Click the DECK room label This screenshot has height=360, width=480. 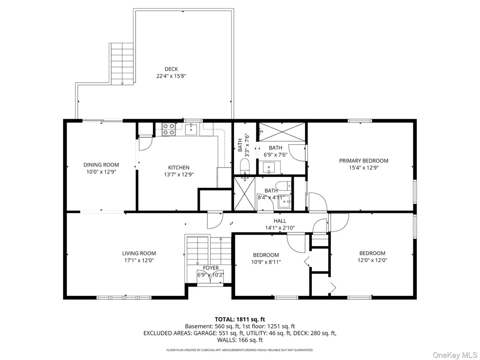click(x=171, y=69)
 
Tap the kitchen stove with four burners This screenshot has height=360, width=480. click(x=169, y=129)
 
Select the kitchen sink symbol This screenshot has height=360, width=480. click(x=192, y=129)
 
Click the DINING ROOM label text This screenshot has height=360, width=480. click(x=101, y=165)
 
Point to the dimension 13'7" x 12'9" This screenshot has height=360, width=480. click(x=179, y=175)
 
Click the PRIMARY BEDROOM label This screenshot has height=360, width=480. click(x=363, y=161)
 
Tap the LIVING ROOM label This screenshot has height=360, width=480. click(x=139, y=253)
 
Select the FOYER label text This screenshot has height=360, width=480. click(x=211, y=268)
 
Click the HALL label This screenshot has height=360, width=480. click(x=280, y=221)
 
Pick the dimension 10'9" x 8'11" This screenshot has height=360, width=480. click(x=266, y=262)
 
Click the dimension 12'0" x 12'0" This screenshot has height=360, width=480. click(x=372, y=260)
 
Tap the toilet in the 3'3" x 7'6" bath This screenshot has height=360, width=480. click(x=245, y=165)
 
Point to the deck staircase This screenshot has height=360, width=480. click(x=122, y=64)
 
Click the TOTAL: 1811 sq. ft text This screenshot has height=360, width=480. click(x=240, y=320)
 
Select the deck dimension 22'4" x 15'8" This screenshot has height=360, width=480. click(x=171, y=76)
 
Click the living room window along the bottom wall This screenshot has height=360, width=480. click(x=124, y=297)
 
